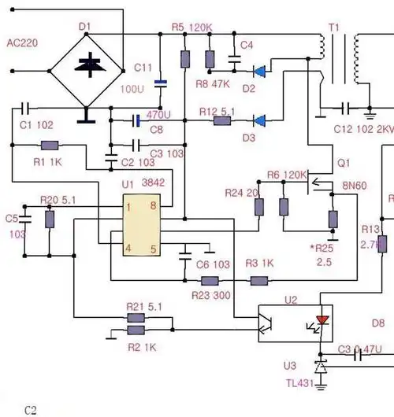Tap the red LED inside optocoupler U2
point(322,320)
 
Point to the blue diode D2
point(258,70)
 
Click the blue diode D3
point(258,120)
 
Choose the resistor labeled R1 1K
point(49,146)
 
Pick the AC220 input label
point(24,42)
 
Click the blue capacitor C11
point(161,82)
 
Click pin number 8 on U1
point(152,206)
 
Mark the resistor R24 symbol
point(258,207)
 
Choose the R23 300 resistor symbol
point(210,281)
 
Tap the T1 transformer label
point(333,28)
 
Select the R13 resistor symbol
point(381,245)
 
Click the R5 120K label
point(191,28)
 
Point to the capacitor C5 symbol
point(24,217)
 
